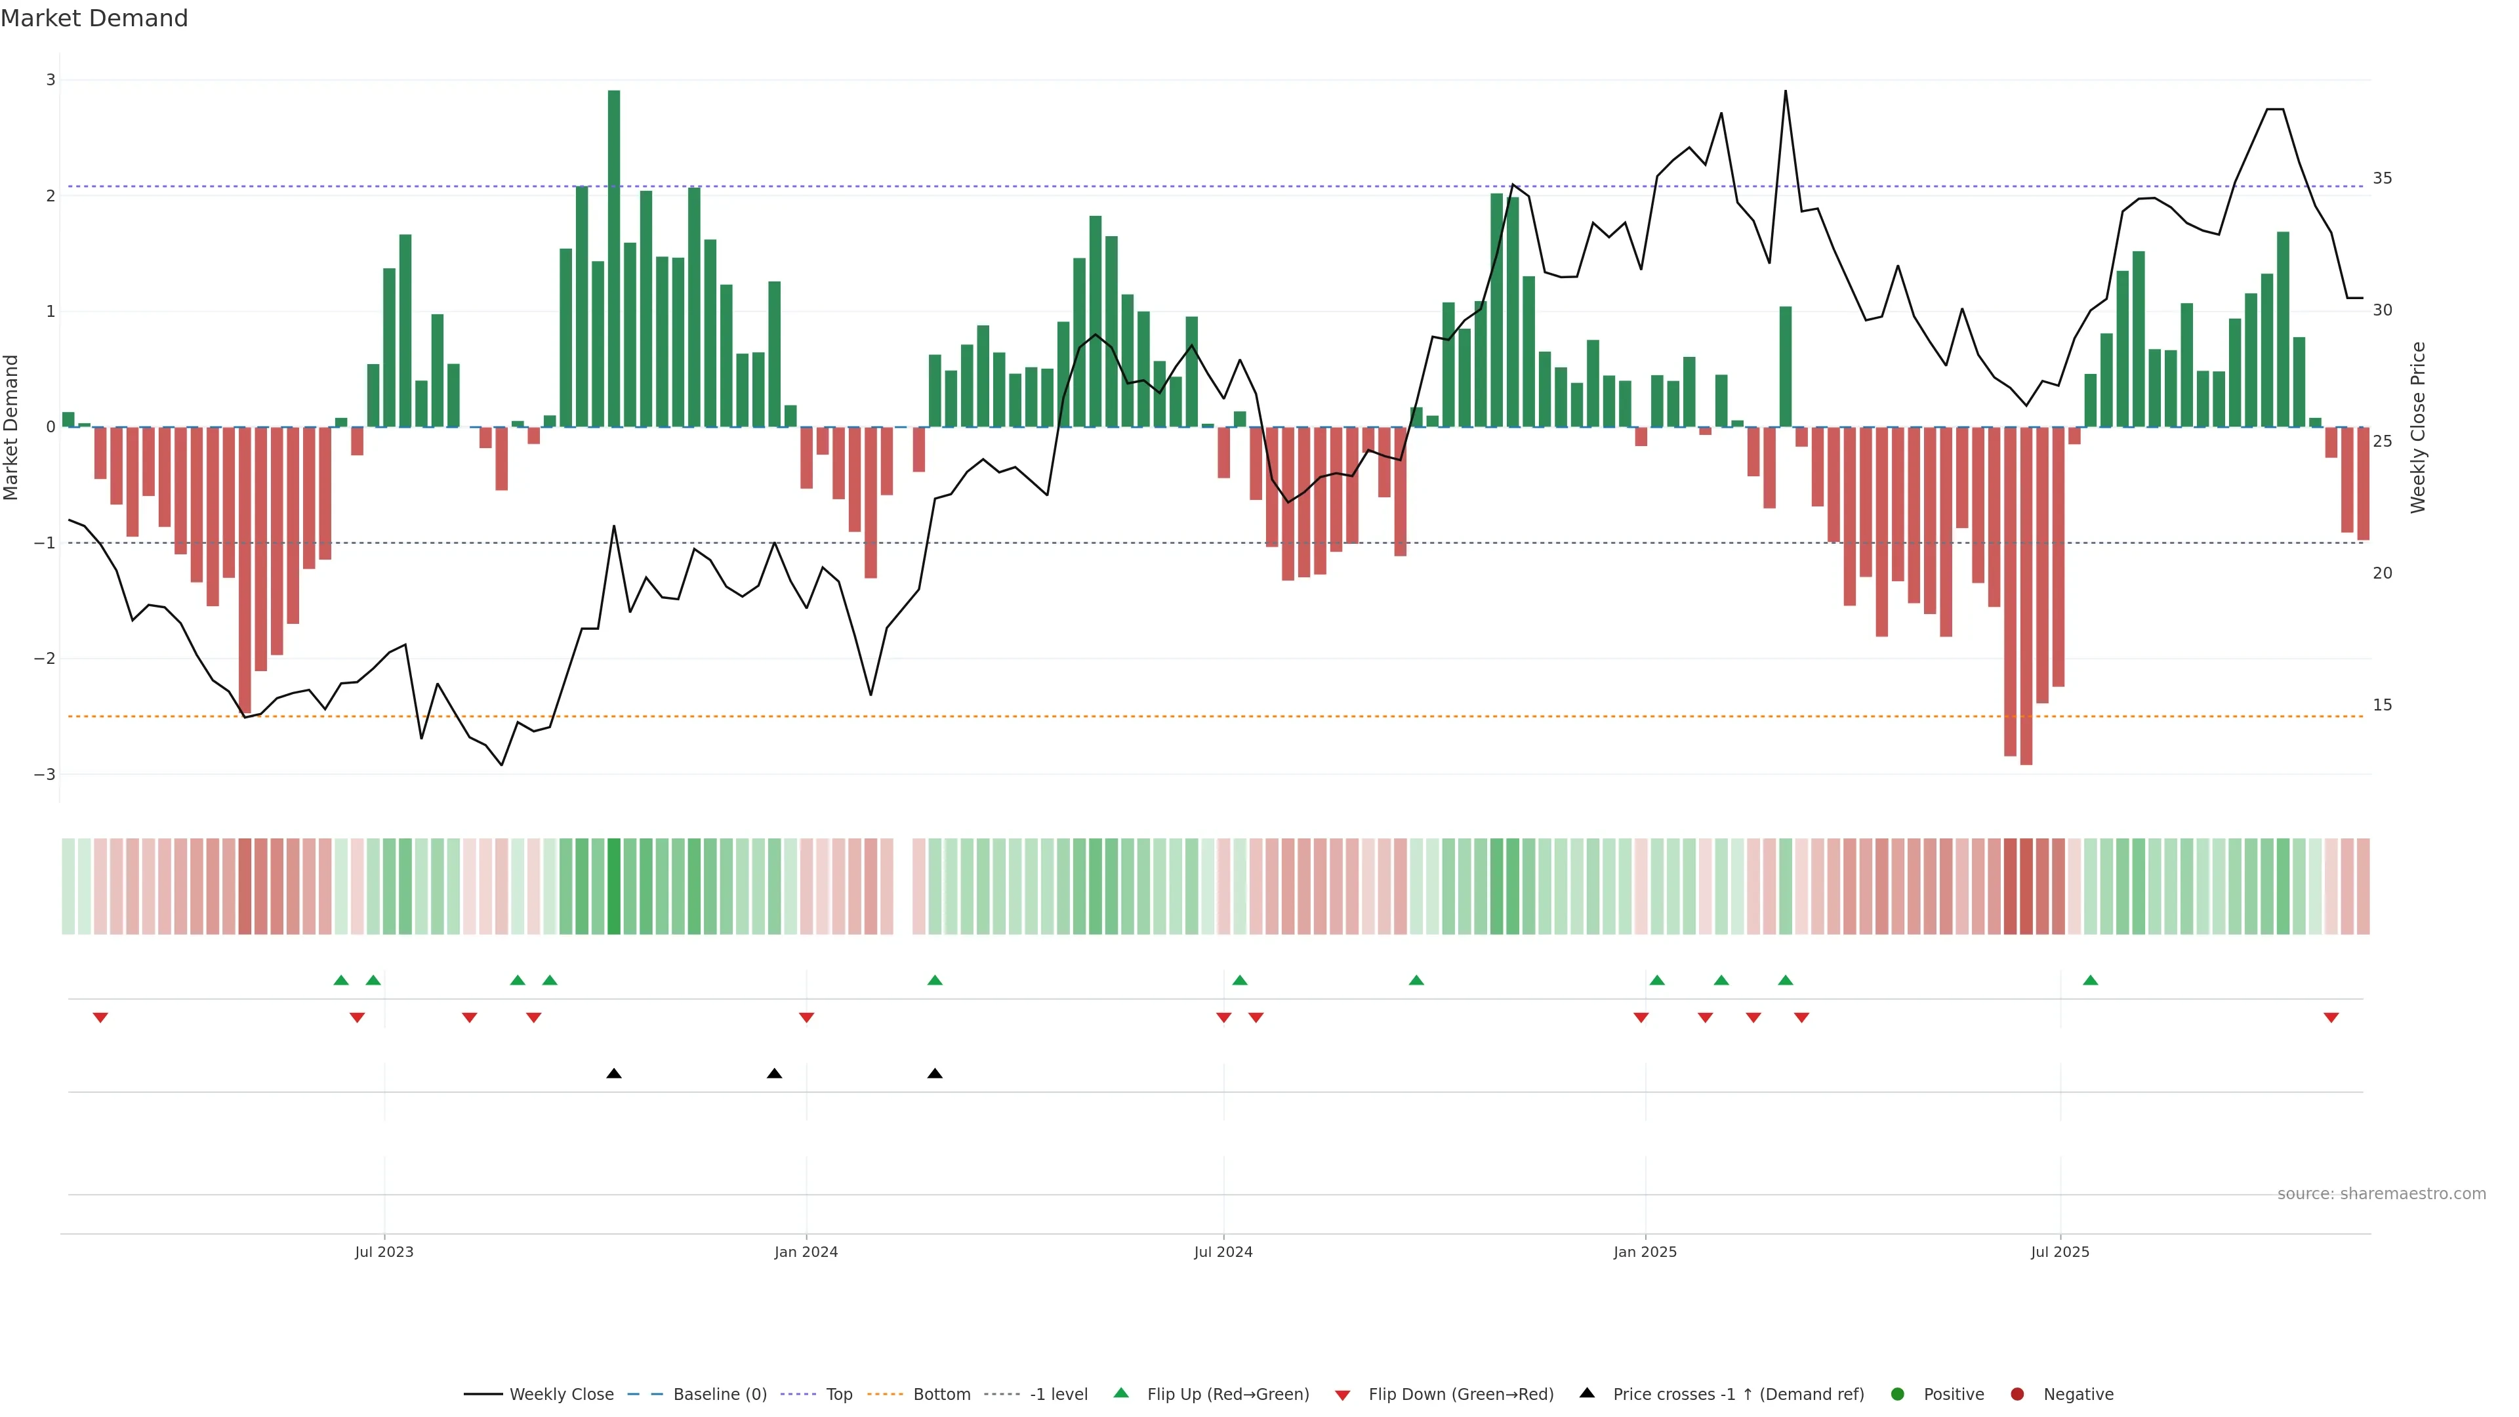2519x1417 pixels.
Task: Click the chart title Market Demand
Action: tap(94, 18)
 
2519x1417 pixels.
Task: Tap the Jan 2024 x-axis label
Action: tap(806, 1252)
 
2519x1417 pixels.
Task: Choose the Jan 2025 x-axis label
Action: tap(1645, 1252)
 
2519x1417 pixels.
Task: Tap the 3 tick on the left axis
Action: tap(51, 80)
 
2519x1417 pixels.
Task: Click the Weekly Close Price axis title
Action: tap(2418, 427)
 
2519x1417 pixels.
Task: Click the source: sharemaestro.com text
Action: tap(2381, 1194)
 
